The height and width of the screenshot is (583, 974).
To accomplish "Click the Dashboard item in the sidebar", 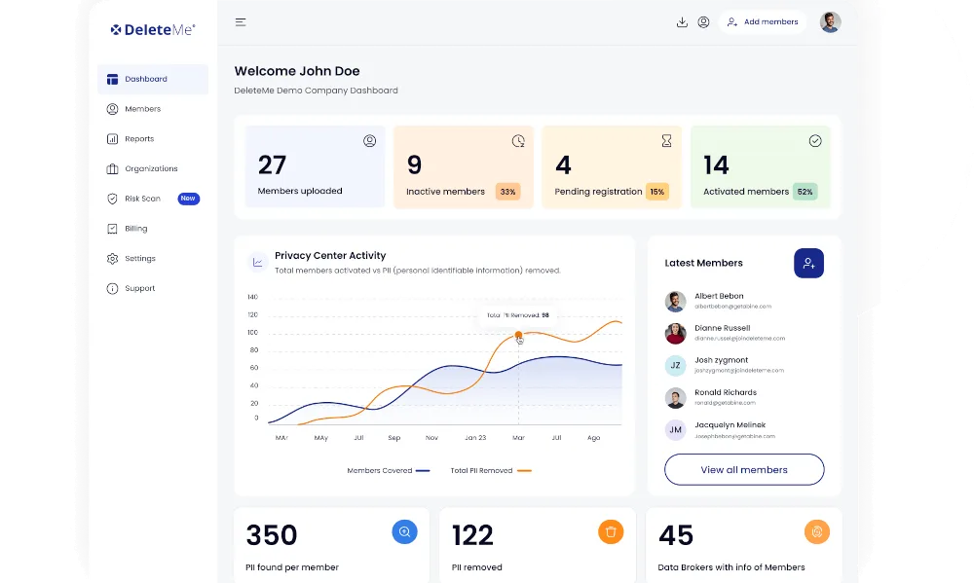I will [x=145, y=79].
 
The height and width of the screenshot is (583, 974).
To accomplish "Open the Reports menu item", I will [x=138, y=139].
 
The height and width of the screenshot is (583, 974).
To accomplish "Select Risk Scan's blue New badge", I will [x=188, y=199].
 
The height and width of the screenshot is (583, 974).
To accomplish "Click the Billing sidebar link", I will [x=135, y=229].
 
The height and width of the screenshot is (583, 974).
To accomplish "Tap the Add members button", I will [x=762, y=22].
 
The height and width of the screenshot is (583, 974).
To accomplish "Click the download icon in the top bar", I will [x=682, y=22].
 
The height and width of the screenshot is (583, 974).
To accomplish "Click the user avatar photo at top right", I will [x=830, y=22].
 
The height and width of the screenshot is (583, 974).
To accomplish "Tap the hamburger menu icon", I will [x=241, y=22].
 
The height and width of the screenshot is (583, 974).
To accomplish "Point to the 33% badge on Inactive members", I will [x=507, y=192].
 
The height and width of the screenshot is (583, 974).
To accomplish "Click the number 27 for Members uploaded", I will [x=272, y=164].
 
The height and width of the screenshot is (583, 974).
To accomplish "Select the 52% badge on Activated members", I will [x=805, y=192].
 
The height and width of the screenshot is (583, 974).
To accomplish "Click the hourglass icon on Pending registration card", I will [x=666, y=141].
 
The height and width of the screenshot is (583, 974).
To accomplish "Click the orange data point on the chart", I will [x=518, y=335].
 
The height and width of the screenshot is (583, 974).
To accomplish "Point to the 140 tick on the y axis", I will [x=252, y=297].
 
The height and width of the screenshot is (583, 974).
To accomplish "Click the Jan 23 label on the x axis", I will [x=475, y=438].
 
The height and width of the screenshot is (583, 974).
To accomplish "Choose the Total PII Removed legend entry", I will [x=481, y=470].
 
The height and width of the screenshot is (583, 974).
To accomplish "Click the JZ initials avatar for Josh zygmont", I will [x=675, y=365].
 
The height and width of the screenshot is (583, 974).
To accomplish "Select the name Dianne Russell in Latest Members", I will [x=722, y=328].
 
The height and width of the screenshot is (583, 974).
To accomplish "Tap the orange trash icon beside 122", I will [x=611, y=531].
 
